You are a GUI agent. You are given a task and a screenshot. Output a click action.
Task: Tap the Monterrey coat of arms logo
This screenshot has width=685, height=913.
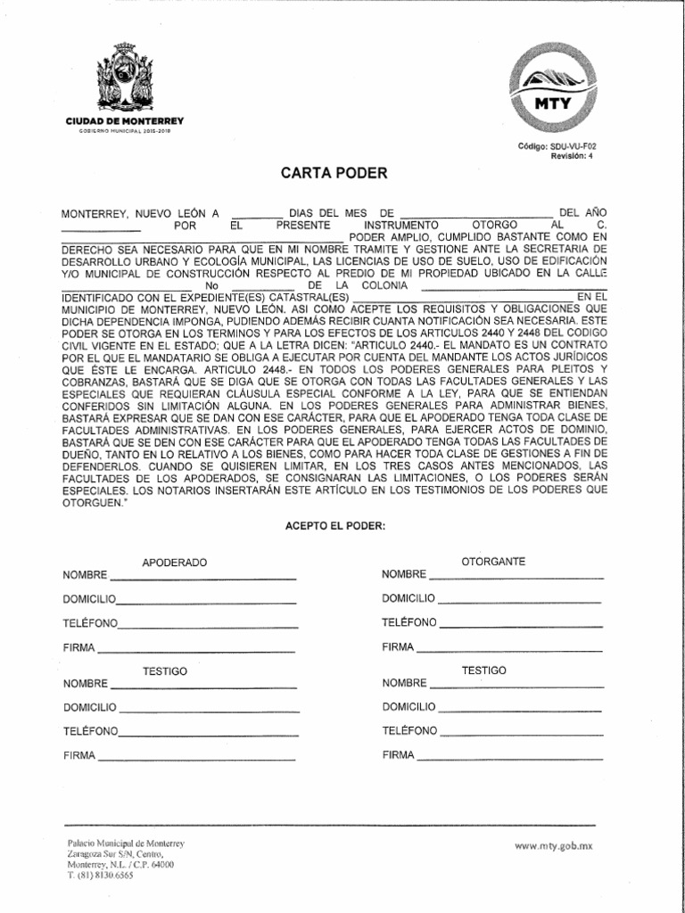tap(124, 78)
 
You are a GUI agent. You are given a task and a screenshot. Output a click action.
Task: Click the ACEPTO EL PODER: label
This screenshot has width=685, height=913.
tap(334, 526)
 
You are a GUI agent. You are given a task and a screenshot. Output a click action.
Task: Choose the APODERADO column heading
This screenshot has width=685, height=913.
tap(175, 563)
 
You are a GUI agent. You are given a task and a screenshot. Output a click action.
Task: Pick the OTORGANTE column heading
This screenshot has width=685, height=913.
tap(492, 561)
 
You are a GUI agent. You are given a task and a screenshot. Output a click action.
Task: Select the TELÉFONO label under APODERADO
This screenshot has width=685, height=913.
tap(90, 622)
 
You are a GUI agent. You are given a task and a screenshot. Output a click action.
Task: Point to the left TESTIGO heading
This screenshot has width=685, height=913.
tap(165, 672)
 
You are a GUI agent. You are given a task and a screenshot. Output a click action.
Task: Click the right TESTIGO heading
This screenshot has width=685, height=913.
tap(483, 670)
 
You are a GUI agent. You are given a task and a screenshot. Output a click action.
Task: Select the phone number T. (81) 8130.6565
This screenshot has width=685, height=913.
tap(101, 876)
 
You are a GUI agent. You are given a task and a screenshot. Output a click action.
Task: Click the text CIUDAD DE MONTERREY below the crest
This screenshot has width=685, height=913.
tap(125, 120)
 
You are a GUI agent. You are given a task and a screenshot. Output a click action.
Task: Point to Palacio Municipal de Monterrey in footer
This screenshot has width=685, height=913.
tap(126, 843)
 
